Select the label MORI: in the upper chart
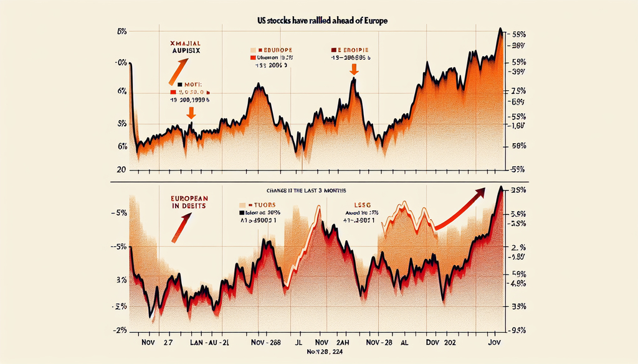pos(190,83)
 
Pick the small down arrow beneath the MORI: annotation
pos(191,113)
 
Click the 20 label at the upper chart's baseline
pos(121,169)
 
